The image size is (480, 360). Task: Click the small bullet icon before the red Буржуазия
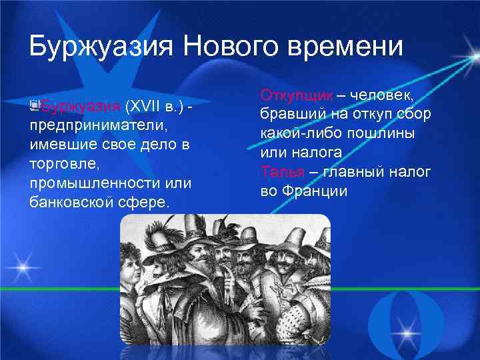[x=35, y=105]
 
